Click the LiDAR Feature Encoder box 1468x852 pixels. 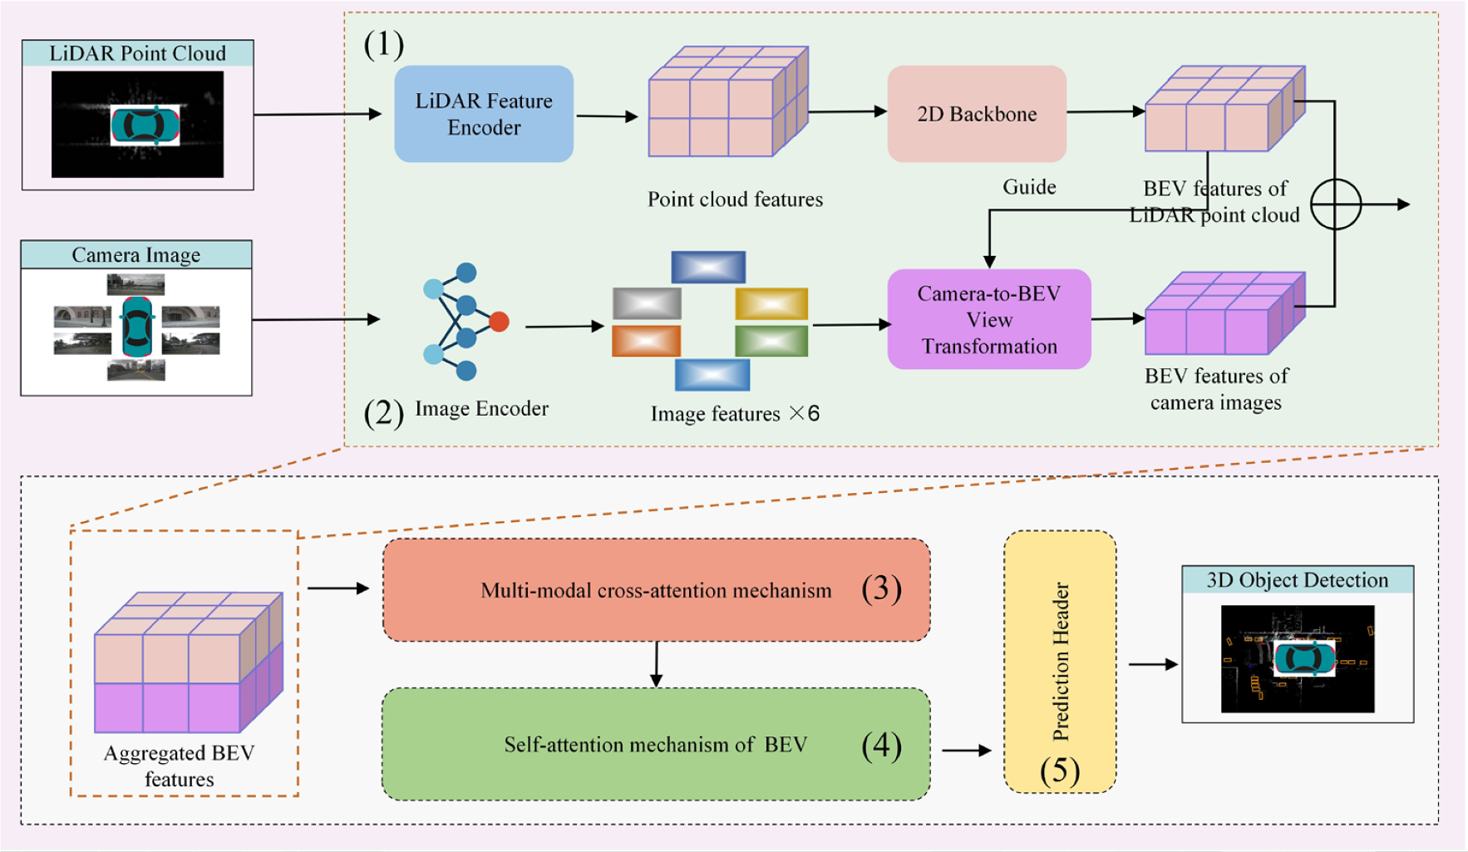(x=484, y=114)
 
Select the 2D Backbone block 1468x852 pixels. (x=977, y=114)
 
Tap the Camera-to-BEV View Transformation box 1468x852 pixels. (x=989, y=319)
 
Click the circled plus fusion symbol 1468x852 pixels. (x=1335, y=204)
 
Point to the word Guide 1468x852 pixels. (x=1029, y=187)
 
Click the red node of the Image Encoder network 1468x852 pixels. (x=499, y=322)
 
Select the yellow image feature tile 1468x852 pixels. (x=771, y=303)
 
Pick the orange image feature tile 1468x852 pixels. (x=646, y=341)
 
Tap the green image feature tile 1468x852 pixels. (x=771, y=341)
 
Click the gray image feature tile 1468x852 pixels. (x=647, y=303)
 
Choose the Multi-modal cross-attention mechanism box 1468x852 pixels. (x=656, y=590)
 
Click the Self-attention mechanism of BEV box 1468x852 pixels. (x=656, y=745)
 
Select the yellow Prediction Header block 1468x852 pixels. (x=1060, y=661)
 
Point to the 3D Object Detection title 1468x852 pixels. (x=1297, y=580)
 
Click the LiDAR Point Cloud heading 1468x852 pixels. (x=137, y=53)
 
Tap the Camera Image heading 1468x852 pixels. (x=136, y=254)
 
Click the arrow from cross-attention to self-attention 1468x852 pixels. (x=656, y=664)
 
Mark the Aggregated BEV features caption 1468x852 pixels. (x=179, y=766)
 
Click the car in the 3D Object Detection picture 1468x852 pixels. (x=1304, y=659)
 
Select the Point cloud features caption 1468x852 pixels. (x=735, y=199)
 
